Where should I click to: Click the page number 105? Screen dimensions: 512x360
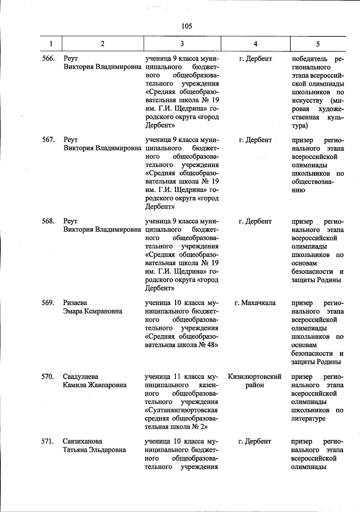point(187,26)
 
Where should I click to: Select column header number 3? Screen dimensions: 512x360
point(182,44)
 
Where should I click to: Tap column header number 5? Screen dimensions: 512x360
point(318,44)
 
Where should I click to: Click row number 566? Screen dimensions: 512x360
point(48,59)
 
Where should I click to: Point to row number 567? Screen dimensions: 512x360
point(48,140)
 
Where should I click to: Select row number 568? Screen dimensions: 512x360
point(48,221)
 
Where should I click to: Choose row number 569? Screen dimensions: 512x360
point(48,303)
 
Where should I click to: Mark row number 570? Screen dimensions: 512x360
point(48,377)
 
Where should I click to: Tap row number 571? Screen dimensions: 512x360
point(48,441)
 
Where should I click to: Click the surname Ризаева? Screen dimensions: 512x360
point(75,303)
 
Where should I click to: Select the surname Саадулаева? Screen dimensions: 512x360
point(80,377)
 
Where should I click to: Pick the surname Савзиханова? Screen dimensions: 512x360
point(82,441)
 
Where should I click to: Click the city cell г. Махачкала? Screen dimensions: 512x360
point(255,303)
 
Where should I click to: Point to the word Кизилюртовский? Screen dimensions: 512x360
point(255,377)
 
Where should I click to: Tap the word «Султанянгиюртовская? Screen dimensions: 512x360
point(181,410)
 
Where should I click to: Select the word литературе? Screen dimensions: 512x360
point(308,419)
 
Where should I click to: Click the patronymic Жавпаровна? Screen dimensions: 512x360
point(107,385)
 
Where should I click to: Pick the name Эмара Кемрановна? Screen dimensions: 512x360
point(93,311)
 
